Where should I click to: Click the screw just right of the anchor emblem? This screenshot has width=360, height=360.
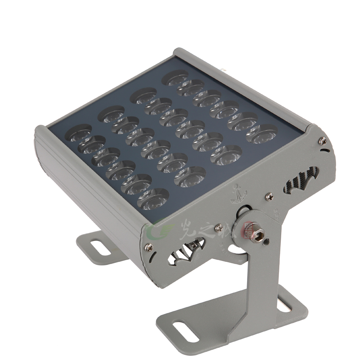[269, 196]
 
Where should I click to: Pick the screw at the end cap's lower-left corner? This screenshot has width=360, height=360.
[148, 246]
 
